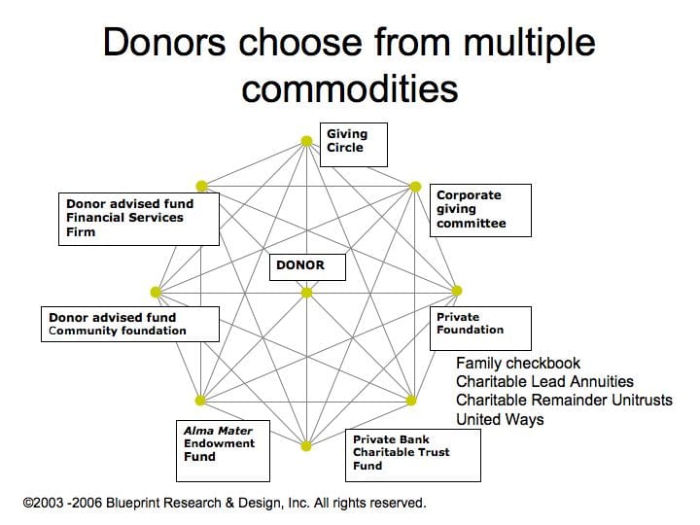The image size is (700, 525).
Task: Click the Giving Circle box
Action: [x=354, y=143]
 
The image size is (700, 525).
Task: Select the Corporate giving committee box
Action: [x=481, y=210]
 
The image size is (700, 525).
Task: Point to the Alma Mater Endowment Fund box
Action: [x=225, y=449]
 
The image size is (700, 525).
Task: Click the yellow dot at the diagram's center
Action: [x=306, y=292]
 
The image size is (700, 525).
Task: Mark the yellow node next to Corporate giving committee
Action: [x=413, y=185]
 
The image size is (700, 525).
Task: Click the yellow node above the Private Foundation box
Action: [x=457, y=291]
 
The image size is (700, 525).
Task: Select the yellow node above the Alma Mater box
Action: [x=200, y=400]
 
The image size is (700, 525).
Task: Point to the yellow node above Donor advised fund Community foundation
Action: [x=156, y=292]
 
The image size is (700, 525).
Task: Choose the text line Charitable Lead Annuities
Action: [x=544, y=382]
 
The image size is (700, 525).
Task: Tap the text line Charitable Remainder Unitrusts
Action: [x=564, y=401]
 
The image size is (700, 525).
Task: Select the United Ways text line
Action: [x=500, y=419]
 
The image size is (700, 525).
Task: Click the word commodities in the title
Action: [x=350, y=88]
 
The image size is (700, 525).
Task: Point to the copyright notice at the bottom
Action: [x=225, y=503]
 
